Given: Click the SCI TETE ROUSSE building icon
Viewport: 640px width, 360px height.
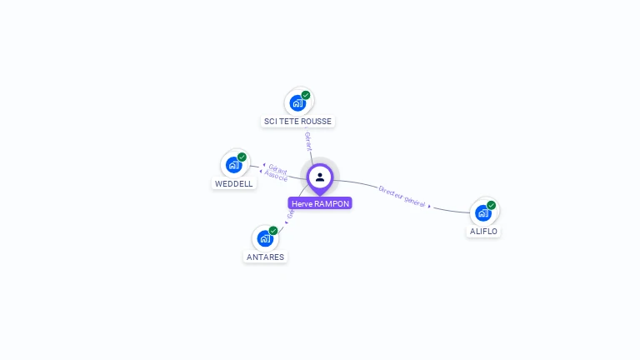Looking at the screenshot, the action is pyautogui.click(x=297, y=103).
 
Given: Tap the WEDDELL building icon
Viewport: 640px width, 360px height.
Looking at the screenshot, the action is pyautogui.click(x=233, y=165).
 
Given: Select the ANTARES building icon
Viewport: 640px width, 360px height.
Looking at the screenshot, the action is pyautogui.click(x=265, y=238).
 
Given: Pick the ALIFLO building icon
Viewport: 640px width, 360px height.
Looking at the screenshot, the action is pyautogui.click(x=483, y=212).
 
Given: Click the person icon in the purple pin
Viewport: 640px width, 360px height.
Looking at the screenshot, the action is pyautogui.click(x=320, y=177).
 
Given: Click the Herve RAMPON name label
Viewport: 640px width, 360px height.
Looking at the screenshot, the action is pyautogui.click(x=320, y=203).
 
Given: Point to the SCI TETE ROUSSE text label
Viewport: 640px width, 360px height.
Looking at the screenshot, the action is pyautogui.click(x=297, y=122).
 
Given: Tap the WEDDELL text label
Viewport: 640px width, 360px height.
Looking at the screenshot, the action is pyautogui.click(x=234, y=184).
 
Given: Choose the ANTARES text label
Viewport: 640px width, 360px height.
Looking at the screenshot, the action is pyautogui.click(x=266, y=257).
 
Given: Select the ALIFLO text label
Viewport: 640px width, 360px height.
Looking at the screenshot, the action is pyautogui.click(x=484, y=232).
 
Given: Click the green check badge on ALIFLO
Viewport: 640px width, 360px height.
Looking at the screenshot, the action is pyautogui.click(x=492, y=204).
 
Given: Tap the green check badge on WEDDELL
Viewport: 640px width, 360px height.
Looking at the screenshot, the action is pyautogui.click(x=242, y=157).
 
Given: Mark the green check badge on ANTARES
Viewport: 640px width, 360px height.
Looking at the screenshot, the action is pyautogui.click(x=273, y=230).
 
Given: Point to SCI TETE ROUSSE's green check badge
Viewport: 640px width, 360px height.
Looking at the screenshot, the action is pyautogui.click(x=306, y=95).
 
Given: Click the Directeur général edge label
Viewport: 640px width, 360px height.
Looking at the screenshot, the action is pyautogui.click(x=402, y=196).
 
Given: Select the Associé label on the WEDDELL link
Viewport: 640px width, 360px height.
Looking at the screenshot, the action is pyautogui.click(x=277, y=177).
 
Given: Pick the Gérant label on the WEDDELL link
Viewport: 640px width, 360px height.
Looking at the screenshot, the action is pyautogui.click(x=277, y=169).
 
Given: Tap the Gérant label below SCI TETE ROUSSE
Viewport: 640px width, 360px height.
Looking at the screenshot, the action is pyautogui.click(x=308, y=141).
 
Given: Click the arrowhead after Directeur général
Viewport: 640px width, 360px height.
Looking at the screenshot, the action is pyautogui.click(x=430, y=205).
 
